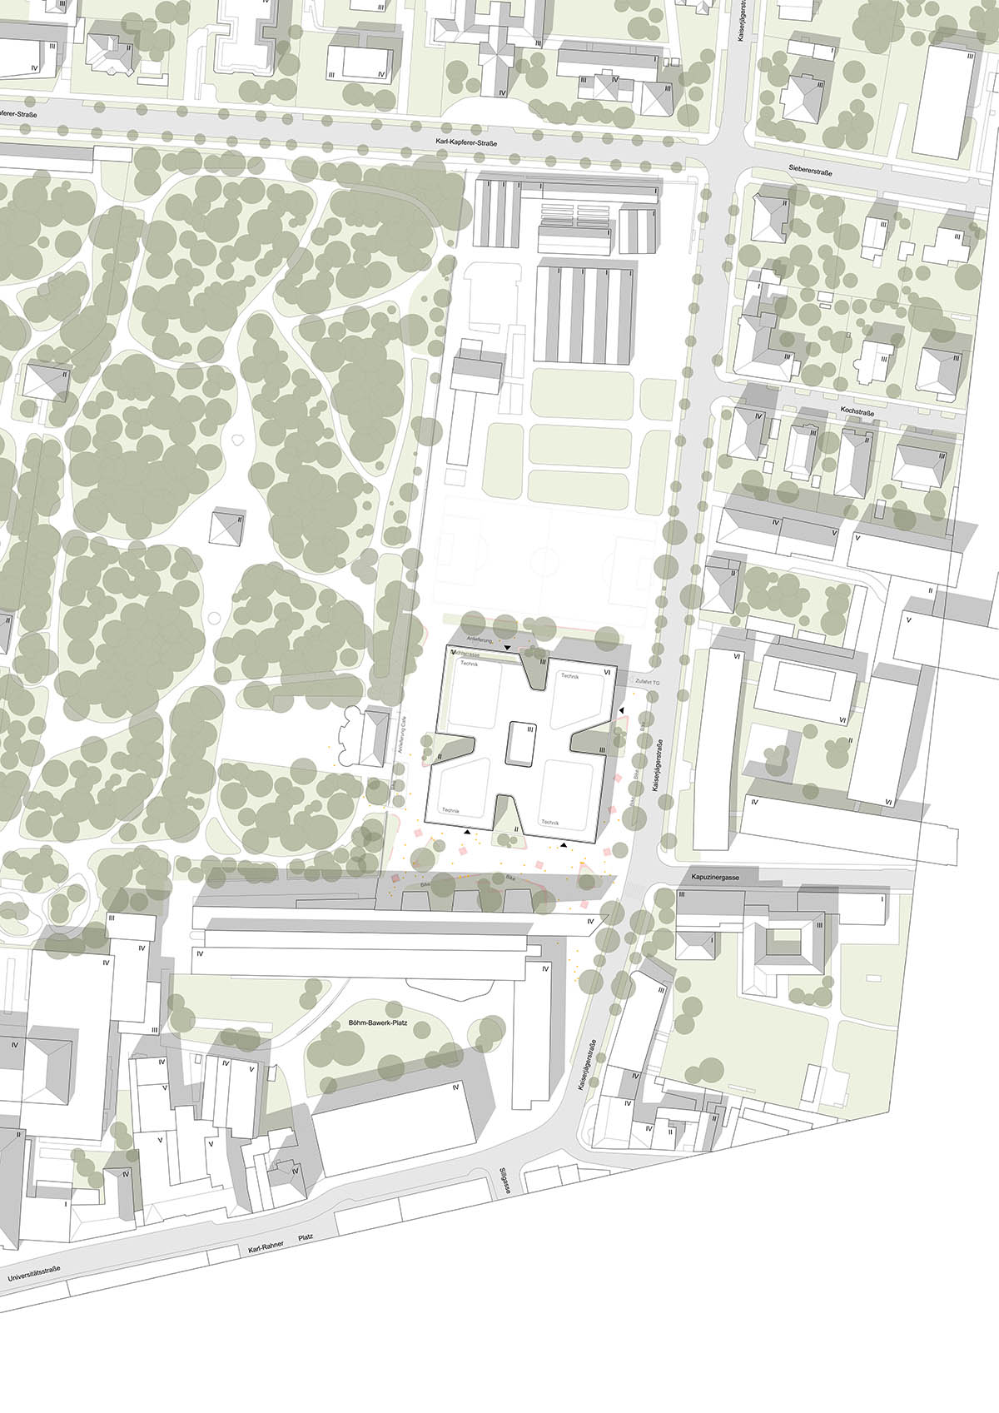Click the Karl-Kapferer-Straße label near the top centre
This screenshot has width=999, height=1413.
pos(466,143)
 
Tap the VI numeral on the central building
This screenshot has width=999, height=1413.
pos(607,671)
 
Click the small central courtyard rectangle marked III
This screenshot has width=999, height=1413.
pos(519,743)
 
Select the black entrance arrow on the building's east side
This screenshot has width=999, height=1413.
pos(621,709)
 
